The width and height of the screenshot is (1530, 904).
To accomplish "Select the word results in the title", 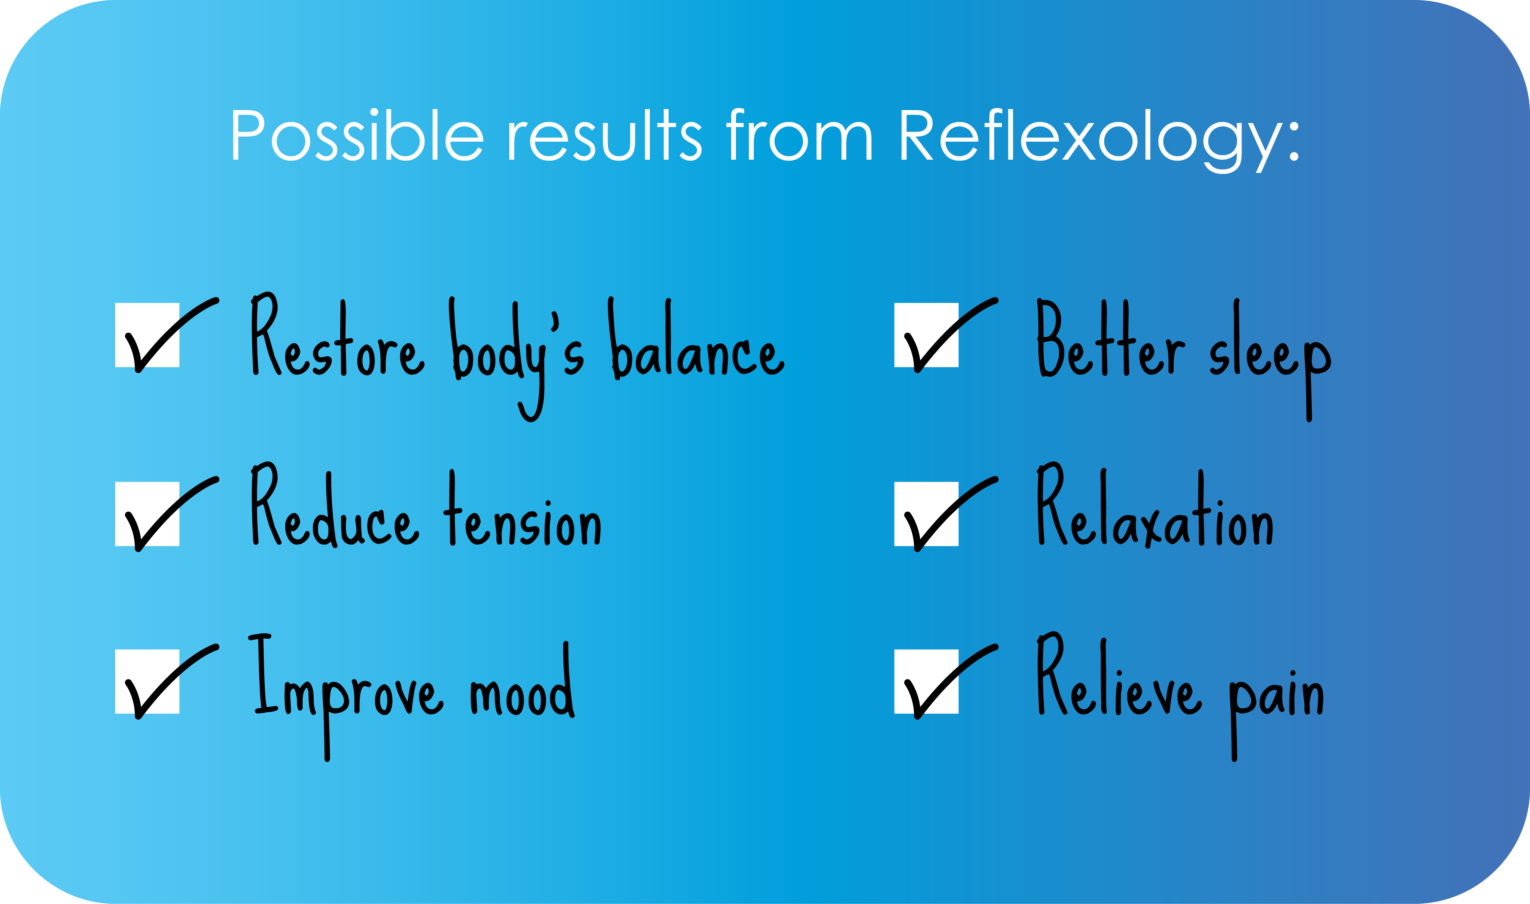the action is click(605, 135).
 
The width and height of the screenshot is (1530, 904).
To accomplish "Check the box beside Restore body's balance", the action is click(147, 335).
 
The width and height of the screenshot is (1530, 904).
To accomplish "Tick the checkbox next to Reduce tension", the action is click(147, 514).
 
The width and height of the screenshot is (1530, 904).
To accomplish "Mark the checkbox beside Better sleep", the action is click(927, 335).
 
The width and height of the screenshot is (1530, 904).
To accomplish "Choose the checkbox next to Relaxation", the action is click(927, 514).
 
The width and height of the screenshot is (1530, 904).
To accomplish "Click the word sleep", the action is click(1270, 359).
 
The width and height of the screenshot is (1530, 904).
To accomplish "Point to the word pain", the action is click(1277, 714).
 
